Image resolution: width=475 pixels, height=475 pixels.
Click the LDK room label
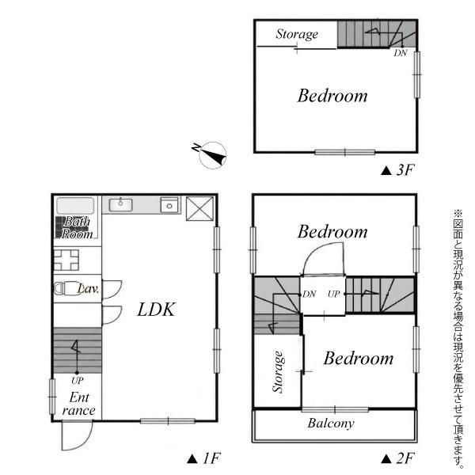[x=156, y=310]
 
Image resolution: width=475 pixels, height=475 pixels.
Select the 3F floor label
[x=397, y=170]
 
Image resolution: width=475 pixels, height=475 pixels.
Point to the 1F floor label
[x=204, y=458]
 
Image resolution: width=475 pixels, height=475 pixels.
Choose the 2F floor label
[x=397, y=458]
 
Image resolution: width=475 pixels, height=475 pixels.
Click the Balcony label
[x=331, y=424]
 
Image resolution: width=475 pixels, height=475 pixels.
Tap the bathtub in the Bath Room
[x=75, y=206]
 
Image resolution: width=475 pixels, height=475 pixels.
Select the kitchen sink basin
[x=120, y=205]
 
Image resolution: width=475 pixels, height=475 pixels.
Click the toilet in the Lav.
[x=64, y=288]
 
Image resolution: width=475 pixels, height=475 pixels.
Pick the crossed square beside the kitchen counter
[x=199, y=208]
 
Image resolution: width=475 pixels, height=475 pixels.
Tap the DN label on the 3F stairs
[x=400, y=53]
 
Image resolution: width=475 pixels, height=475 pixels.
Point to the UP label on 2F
[x=333, y=294]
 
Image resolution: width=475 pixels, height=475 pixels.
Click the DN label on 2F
[x=310, y=294]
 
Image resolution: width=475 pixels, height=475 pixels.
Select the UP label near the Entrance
[x=78, y=381]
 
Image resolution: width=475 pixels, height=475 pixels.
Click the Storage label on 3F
[x=297, y=34]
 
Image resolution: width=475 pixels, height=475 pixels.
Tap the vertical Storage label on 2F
[x=278, y=372]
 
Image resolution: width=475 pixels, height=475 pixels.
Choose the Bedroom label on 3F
[x=332, y=96]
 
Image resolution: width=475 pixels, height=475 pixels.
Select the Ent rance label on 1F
[x=78, y=404]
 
